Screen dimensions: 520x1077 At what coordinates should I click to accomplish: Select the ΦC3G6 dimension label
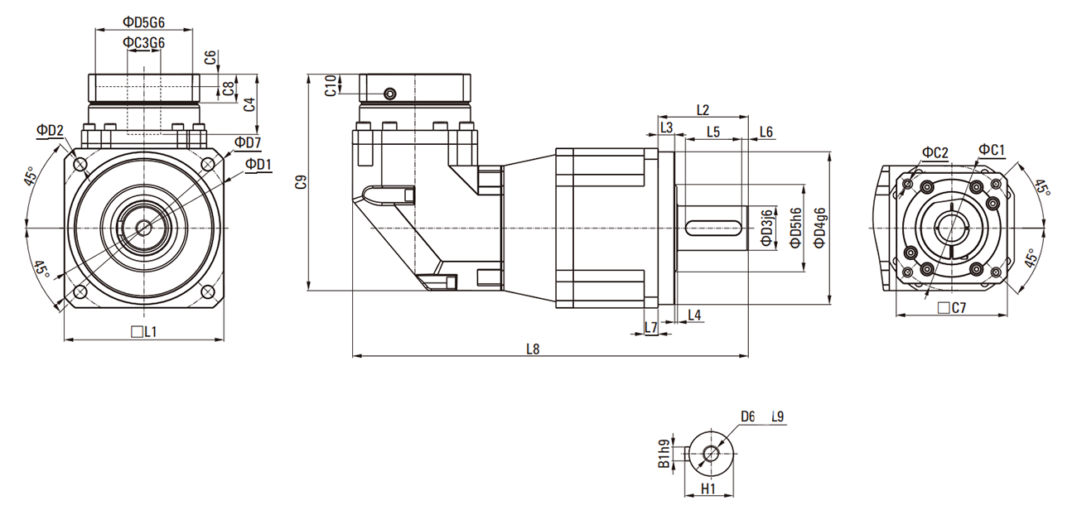(x=143, y=42)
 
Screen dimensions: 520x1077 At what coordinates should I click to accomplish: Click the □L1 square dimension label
(x=144, y=332)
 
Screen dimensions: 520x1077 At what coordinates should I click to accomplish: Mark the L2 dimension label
(x=703, y=109)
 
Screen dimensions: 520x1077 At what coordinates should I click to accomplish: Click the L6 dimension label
(x=765, y=132)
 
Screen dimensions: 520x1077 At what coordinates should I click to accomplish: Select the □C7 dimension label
(x=952, y=308)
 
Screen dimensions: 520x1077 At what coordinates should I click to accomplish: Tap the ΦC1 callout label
(x=991, y=150)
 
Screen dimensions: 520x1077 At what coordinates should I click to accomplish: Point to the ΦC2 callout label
(x=935, y=152)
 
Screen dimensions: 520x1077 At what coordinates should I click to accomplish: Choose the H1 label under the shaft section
(x=708, y=489)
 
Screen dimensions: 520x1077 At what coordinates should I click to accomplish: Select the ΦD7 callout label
(x=247, y=142)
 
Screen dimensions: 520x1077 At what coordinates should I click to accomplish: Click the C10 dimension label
(x=331, y=85)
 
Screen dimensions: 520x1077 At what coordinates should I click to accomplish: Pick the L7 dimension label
(x=650, y=328)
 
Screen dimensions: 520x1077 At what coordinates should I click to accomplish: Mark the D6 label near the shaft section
(x=747, y=416)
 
